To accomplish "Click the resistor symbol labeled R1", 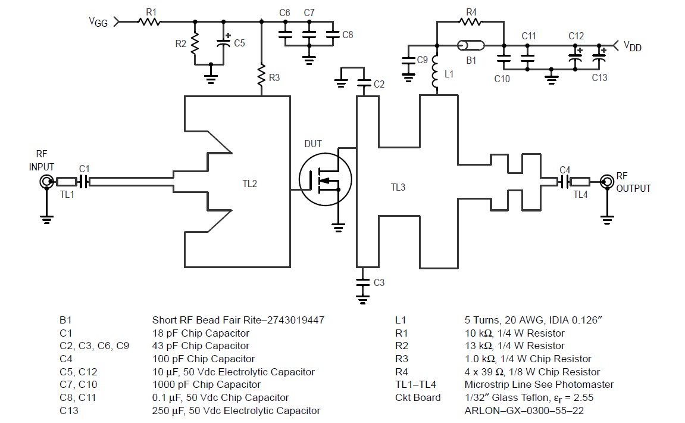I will (x=149, y=22).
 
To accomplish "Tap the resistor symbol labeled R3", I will (x=261, y=76).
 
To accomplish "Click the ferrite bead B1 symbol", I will (x=471, y=45).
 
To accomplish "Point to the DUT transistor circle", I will (x=325, y=179).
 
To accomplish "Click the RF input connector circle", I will (x=45, y=182).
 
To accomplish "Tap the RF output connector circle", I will (x=607, y=181).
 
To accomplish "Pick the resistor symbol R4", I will (x=471, y=22).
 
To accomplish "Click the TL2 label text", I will (x=250, y=184).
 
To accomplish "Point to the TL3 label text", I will (x=398, y=188).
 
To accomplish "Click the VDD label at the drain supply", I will (x=632, y=46).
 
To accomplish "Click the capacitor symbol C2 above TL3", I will (x=361, y=84).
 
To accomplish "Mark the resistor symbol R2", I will (x=195, y=43).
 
